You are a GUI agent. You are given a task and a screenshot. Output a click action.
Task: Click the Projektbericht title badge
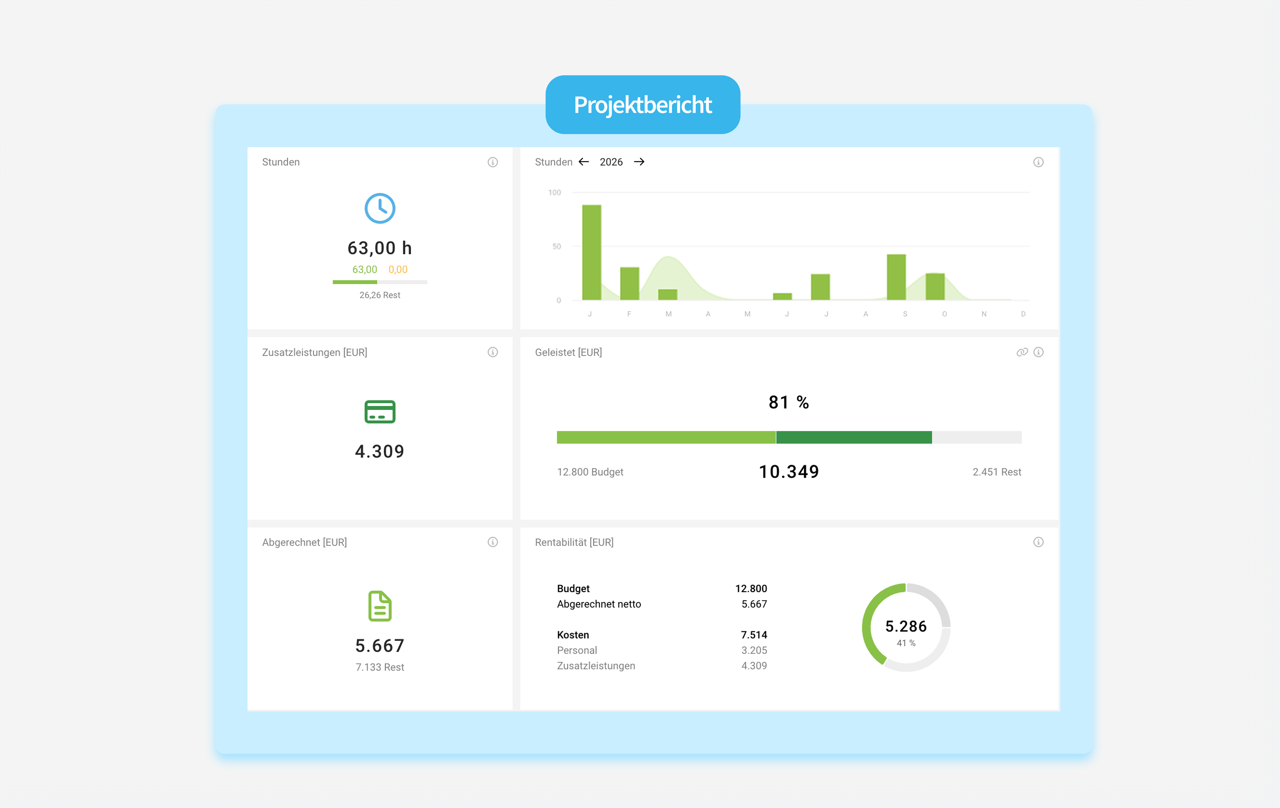(x=643, y=105)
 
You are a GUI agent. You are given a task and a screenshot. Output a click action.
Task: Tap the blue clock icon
(x=379, y=208)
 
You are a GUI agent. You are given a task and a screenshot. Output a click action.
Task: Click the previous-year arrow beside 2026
(x=584, y=162)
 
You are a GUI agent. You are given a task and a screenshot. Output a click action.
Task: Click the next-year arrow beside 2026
(x=639, y=162)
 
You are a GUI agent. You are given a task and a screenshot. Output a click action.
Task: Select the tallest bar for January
(x=592, y=252)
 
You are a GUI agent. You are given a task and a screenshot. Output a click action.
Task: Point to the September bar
(x=896, y=277)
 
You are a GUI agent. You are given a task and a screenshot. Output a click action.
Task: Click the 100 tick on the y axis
(x=554, y=192)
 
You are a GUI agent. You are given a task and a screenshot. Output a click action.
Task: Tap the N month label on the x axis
(x=984, y=314)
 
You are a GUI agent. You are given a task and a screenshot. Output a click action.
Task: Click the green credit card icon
(x=379, y=411)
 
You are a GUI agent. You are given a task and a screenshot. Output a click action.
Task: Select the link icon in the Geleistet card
(x=1022, y=352)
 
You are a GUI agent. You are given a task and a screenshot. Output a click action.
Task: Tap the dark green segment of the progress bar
(x=854, y=437)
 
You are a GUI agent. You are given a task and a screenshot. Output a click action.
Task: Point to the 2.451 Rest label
(x=997, y=472)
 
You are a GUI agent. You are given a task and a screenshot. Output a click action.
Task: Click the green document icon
(x=379, y=606)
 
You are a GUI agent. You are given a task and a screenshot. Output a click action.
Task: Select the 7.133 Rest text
(x=379, y=667)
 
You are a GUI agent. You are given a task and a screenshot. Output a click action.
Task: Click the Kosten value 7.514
(x=754, y=635)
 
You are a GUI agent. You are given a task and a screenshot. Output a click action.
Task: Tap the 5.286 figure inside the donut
(x=906, y=626)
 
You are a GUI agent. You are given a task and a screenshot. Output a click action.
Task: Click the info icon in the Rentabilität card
(x=1038, y=542)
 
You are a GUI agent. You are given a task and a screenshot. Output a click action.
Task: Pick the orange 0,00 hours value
(x=398, y=270)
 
